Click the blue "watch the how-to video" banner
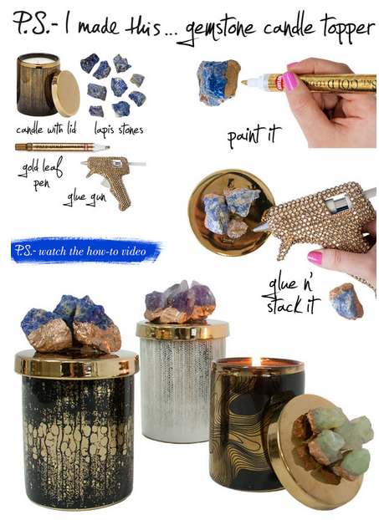click(x=85, y=251)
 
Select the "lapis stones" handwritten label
click(x=119, y=130)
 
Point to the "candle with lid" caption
click(x=46, y=129)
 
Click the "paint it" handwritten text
click(x=254, y=135)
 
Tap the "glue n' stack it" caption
click(x=291, y=296)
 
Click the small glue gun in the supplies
click(x=112, y=181)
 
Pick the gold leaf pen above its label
click(x=63, y=147)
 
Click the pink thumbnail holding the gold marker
click(x=290, y=82)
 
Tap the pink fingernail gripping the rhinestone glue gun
click(x=315, y=257)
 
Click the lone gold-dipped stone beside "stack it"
click(x=346, y=301)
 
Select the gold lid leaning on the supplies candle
click(x=66, y=93)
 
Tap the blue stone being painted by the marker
click(x=218, y=82)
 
